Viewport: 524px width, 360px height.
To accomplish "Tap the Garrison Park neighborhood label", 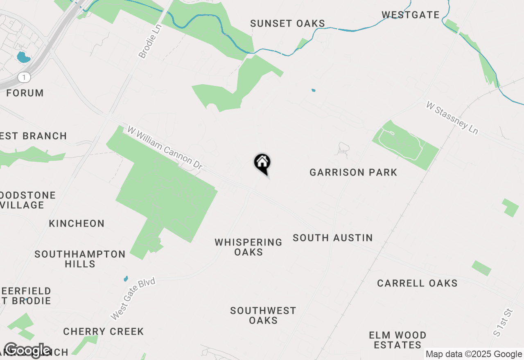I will coord(353,172).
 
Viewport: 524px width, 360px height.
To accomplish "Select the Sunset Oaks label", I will coord(287,24).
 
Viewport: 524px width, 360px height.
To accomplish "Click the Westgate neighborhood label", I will coord(410,15).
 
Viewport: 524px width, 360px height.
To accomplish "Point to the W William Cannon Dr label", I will coord(165,148).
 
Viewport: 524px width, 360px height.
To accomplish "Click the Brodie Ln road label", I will coord(150,41).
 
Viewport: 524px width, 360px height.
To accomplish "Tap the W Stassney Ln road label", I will coord(452,117).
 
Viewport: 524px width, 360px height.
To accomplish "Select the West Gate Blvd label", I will coord(133,299).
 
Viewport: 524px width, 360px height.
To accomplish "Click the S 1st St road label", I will coord(503,322).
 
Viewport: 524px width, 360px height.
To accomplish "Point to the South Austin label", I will coord(332,238).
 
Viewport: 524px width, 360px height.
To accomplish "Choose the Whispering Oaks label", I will coord(248,247).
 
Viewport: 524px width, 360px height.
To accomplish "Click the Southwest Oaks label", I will coord(263,315).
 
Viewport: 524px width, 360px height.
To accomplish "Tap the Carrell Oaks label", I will coord(417,283).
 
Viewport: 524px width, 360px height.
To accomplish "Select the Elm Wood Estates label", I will coord(398,340).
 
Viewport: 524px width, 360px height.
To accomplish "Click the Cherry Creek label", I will coord(103,331).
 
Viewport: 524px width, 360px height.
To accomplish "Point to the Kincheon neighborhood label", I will coord(77,223).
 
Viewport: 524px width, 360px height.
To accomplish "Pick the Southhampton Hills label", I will coord(80,259).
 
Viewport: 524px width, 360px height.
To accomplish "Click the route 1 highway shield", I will coord(25,77).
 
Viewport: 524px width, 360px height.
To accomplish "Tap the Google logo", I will coord(27,350).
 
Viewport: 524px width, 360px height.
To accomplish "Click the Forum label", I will coord(25,93).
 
